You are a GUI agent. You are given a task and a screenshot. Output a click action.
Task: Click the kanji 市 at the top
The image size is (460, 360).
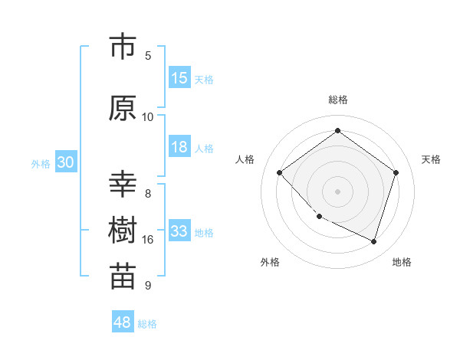[123, 47]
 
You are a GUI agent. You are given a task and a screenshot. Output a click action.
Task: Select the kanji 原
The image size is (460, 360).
[123, 108]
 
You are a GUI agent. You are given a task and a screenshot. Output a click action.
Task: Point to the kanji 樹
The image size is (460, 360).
[123, 231]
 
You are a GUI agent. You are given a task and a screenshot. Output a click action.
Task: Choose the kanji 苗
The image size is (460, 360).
[123, 277]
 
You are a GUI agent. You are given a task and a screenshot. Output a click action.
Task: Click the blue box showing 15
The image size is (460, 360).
[179, 78]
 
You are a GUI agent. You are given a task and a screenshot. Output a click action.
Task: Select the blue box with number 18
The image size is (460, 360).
[179, 148]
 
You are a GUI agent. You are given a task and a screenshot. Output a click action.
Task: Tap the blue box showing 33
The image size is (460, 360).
[179, 231]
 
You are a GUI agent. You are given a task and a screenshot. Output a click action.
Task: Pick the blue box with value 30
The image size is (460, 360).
[65, 163]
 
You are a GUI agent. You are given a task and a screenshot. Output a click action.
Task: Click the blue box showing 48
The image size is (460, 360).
[123, 322]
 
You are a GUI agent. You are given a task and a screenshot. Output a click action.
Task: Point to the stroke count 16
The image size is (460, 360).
[148, 240]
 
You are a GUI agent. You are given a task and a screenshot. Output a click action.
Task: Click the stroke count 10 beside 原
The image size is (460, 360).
[148, 117]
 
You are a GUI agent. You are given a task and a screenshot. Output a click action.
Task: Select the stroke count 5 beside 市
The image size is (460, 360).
[148, 56]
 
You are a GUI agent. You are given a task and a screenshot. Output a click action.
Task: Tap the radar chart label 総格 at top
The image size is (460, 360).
[337, 100]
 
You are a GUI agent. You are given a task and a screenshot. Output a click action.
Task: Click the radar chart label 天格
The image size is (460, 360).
[431, 159]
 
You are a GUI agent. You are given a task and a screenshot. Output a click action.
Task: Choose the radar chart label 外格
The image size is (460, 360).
[270, 262]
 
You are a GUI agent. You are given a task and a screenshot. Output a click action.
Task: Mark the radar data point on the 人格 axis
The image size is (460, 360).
[280, 173]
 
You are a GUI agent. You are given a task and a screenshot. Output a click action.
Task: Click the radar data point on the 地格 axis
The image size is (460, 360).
[373, 241]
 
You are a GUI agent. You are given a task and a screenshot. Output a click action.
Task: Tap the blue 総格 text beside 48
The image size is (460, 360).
[147, 324]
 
